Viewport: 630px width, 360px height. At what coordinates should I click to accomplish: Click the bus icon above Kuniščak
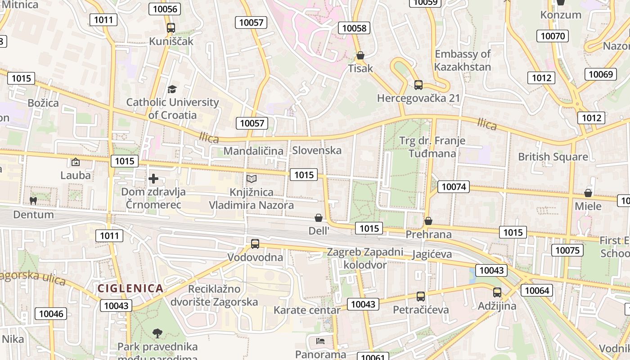pyautogui.click(x=171, y=27)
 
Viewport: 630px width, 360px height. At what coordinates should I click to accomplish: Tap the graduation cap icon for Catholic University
pyautogui.click(x=172, y=89)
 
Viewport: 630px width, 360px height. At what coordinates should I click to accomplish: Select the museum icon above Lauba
pyautogui.click(x=76, y=162)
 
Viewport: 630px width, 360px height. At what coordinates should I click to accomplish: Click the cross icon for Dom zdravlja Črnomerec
pyautogui.click(x=153, y=179)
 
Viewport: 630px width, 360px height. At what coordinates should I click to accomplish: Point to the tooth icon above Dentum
pyautogui.click(x=33, y=201)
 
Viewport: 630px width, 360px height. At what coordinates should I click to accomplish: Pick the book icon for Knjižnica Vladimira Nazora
pyautogui.click(x=251, y=179)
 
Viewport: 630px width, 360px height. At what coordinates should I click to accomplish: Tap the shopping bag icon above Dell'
pyautogui.click(x=319, y=218)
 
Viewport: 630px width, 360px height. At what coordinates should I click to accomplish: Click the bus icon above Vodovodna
pyautogui.click(x=255, y=244)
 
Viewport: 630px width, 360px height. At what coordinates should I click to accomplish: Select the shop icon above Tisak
pyautogui.click(x=360, y=55)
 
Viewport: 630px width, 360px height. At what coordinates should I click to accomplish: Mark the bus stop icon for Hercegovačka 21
pyautogui.click(x=418, y=85)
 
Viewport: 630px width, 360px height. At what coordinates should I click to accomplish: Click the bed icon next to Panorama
pyautogui.click(x=320, y=341)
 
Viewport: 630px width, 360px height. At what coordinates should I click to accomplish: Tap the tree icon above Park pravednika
pyautogui.click(x=157, y=333)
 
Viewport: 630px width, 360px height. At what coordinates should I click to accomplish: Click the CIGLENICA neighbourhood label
pyautogui.click(x=130, y=288)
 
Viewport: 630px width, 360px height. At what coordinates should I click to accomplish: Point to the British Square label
pyautogui.click(x=553, y=157)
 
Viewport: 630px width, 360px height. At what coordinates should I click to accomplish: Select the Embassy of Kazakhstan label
pyautogui.click(x=463, y=60)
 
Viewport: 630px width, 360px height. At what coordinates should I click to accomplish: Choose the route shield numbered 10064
pyautogui.click(x=537, y=290)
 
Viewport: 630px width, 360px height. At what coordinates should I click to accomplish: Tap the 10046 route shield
pyautogui.click(x=51, y=314)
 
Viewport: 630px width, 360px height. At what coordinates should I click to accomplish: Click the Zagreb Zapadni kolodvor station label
pyautogui.click(x=365, y=258)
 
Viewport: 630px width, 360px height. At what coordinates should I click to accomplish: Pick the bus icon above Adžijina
pyautogui.click(x=497, y=292)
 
